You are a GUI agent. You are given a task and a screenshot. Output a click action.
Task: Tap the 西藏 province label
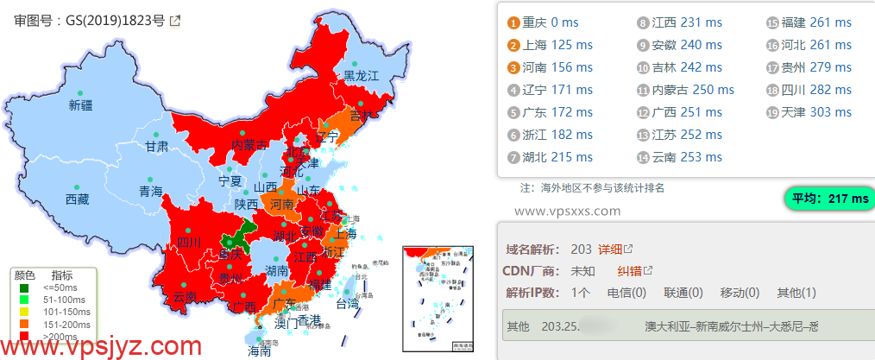click(77, 199)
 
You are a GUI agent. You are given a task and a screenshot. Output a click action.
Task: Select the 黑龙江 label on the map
click(362, 76)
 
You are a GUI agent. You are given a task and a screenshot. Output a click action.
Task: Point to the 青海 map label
click(151, 192)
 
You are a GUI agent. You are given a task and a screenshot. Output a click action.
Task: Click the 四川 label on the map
click(188, 243)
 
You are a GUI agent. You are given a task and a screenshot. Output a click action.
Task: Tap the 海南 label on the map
click(260, 351)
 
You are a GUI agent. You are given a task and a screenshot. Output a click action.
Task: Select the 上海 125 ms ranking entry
click(557, 45)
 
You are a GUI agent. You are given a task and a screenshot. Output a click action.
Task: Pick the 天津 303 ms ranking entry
click(816, 112)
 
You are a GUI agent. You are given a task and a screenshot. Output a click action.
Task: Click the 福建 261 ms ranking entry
click(816, 22)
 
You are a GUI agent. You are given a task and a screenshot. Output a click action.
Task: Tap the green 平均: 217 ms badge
click(828, 199)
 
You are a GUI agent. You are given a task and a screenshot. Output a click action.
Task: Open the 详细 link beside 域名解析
click(611, 249)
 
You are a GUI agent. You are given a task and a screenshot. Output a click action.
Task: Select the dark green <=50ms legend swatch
click(23, 287)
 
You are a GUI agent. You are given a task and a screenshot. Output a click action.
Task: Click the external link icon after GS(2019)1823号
click(175, 21)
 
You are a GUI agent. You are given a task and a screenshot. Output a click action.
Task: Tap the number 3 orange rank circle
click(514, 67)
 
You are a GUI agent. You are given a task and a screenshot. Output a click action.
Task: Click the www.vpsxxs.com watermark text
click(567, 211)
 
